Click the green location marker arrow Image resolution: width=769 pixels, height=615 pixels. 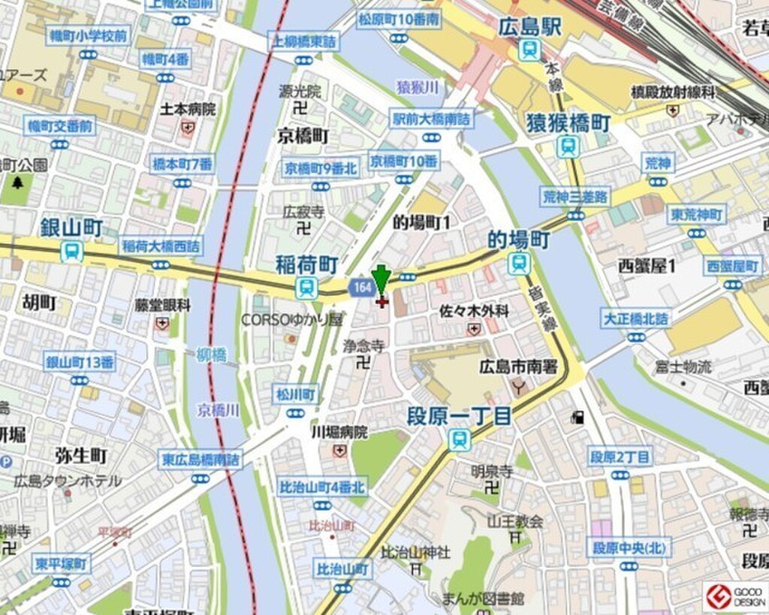381,279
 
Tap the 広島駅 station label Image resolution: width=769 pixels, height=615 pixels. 529,28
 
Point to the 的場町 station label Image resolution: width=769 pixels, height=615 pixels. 519,240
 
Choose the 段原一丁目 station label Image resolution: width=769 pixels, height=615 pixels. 459,416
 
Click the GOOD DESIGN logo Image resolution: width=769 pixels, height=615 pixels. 735,597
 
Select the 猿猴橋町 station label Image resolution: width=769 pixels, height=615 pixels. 568,122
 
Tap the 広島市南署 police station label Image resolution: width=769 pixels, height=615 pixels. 517,366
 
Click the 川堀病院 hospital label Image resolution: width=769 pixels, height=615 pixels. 339,433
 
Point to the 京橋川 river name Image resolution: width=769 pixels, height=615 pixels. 219,410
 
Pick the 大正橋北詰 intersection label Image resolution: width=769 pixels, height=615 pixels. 636,319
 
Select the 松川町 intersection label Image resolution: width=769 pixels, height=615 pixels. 296,394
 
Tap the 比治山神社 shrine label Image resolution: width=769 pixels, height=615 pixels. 415,552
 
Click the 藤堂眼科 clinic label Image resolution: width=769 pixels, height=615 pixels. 163,305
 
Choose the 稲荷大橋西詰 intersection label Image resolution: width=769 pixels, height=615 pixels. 161,246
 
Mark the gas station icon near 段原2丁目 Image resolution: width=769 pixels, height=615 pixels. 578,417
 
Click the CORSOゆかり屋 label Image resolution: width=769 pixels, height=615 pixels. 291,320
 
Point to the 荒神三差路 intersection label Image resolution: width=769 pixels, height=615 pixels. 576,197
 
